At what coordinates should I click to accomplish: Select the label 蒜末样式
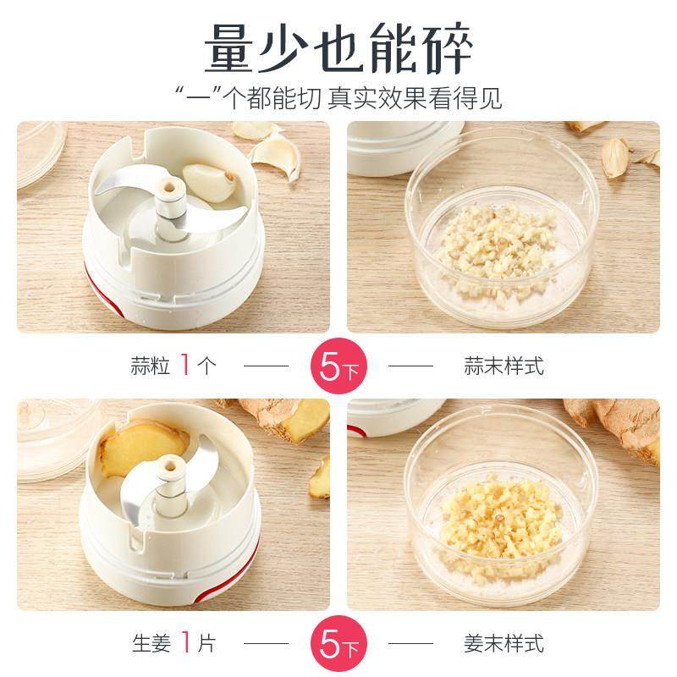[x=504, y=366]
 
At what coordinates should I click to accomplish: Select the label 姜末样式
[x=504, y=644]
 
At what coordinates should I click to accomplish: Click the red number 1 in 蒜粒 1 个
[x=184, y=366]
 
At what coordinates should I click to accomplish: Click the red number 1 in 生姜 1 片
[x=184, y=644]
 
